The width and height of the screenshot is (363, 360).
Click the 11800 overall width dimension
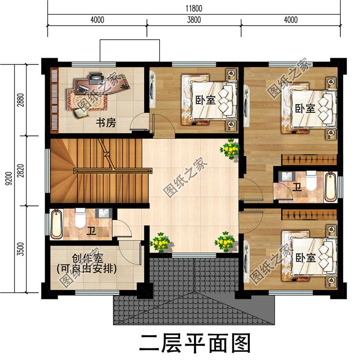[x=193, y=8]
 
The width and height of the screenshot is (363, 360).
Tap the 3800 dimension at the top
[x=194, y=20]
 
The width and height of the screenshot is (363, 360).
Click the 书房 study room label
[x=105, y=123]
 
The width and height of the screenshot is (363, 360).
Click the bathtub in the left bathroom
[x=57, y=224]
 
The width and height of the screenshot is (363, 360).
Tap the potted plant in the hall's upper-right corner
[x=230, y=149]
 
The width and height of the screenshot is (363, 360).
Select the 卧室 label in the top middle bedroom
[x=206, y=100]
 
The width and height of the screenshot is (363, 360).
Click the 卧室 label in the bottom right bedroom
[x=305, y=258]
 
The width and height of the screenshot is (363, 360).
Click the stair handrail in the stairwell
[x=112, y=170]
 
